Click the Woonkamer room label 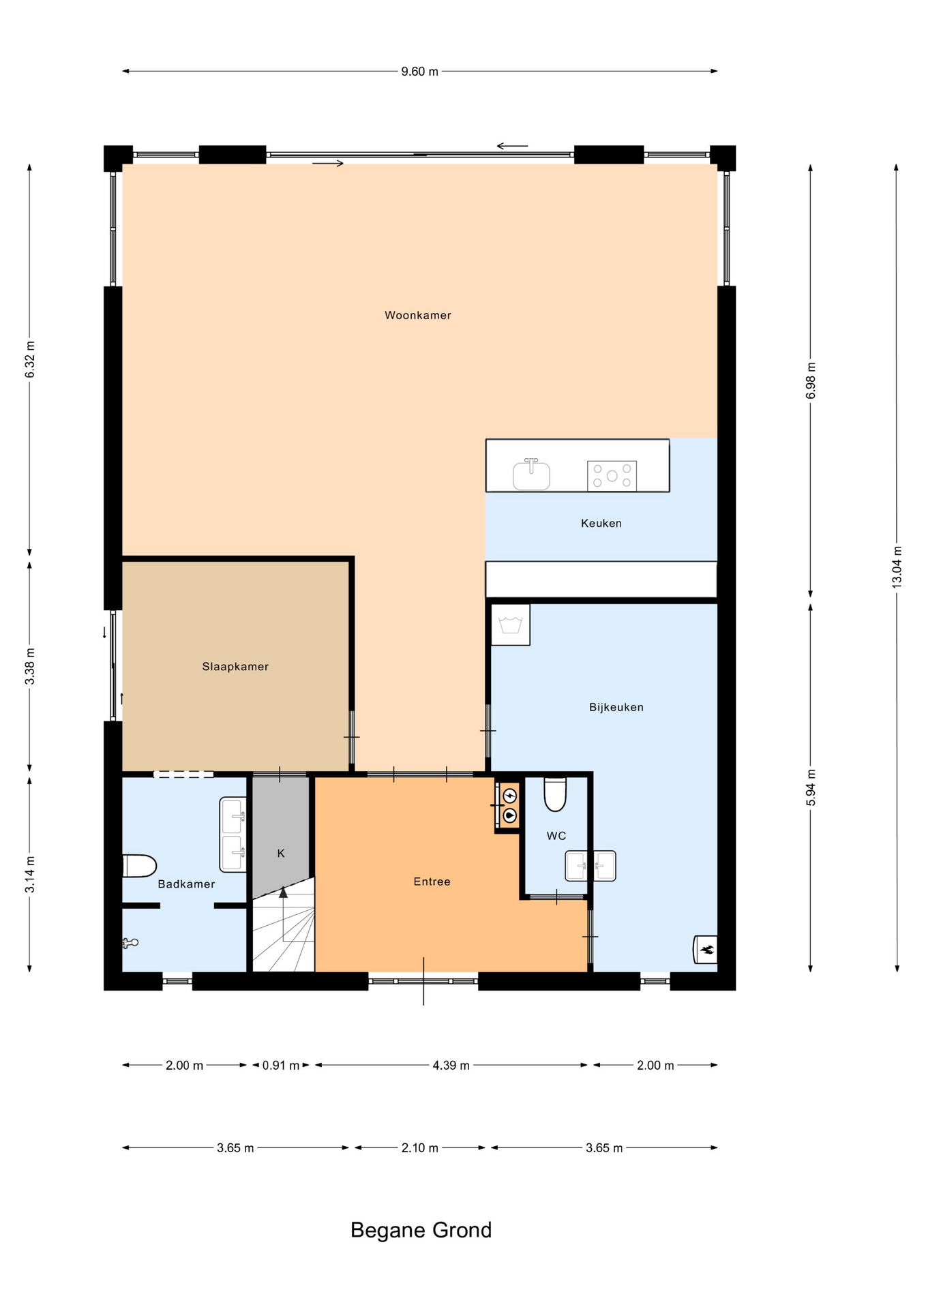click(417, 315)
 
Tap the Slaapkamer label click(235, 667)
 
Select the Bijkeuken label click(616, 707)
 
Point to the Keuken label click(601, 524)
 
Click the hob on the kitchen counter click(612, 476)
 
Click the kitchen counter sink click(531, 474)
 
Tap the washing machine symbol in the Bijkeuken click(511, 625)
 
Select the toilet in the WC click(555, 794)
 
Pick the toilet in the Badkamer click(140, 866)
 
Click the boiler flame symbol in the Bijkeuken click(706, 949)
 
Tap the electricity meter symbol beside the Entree click(509, 796)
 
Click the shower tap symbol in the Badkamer click(130, 943)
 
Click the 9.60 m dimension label click(419, 72)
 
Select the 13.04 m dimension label click(897, 567)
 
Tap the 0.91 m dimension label click(281, 1065)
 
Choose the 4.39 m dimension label click(451, 1065)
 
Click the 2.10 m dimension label click(419, 1147)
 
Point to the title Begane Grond click(421, 1230)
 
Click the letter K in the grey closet click(281, 853)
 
